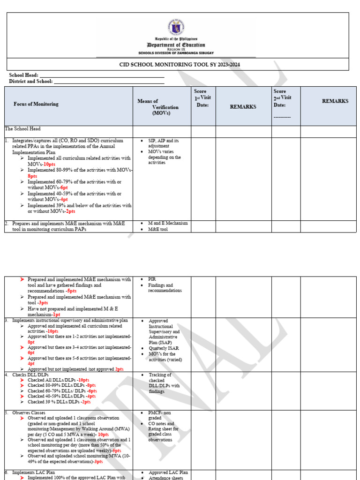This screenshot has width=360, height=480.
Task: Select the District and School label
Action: click(x=30, y=81)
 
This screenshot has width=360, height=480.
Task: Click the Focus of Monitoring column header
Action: click(x=36, y=104)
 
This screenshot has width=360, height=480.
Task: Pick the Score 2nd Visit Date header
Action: click(x=283, y=98)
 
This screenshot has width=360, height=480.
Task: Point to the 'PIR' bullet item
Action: click(x=152, y=279)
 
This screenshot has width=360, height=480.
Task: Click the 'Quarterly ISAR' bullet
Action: click(x=164, y=348)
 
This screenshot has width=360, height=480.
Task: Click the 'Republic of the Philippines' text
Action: click(x=176, y=39)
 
